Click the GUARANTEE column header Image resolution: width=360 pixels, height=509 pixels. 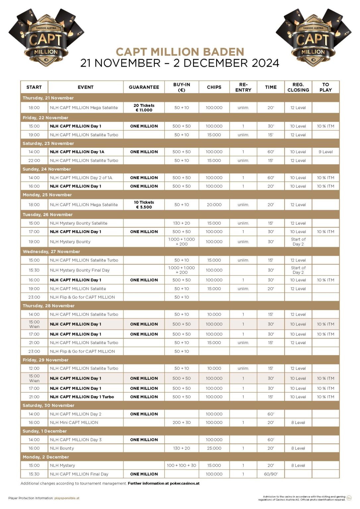[144, 87]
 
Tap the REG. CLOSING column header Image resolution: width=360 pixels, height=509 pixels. [298, 87]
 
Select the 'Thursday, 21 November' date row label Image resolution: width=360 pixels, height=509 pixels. [48, 98]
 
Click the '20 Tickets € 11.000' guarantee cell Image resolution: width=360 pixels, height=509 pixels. [144, 108]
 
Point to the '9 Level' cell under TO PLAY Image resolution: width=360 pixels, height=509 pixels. [326, 152]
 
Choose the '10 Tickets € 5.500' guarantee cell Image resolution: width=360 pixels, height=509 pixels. [144, 205]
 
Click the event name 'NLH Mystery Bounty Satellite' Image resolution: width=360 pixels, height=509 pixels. [79, 223]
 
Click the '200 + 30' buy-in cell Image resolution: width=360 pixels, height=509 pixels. [182, 423]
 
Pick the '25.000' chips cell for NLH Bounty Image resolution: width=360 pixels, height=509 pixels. [214, 448]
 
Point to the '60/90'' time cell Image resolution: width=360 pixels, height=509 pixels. [271, 474]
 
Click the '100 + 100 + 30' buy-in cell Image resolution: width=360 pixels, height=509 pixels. [182, 466]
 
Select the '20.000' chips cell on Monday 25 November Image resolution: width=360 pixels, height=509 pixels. [214, 205]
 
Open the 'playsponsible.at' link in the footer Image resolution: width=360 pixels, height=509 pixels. [67, 498]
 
